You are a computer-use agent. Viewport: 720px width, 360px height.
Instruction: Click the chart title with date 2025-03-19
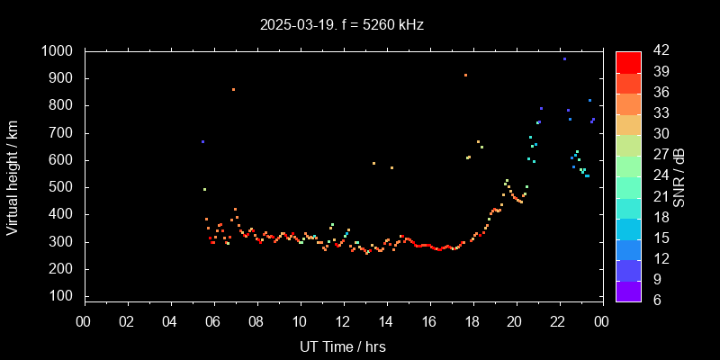coord(341,25)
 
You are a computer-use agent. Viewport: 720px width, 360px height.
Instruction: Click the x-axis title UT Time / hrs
coord(342,346)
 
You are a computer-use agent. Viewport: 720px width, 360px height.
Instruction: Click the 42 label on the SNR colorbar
coord(654,51)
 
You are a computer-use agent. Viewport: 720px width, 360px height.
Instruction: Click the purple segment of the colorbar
coord(628,290)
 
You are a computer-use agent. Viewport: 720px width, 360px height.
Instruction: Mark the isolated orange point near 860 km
coord(233,89)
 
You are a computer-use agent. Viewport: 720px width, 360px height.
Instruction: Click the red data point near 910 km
coord(465,76)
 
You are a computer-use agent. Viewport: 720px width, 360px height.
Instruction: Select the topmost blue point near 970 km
coord(564,58)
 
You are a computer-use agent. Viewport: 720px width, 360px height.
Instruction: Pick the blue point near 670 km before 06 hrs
coord(202,141)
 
